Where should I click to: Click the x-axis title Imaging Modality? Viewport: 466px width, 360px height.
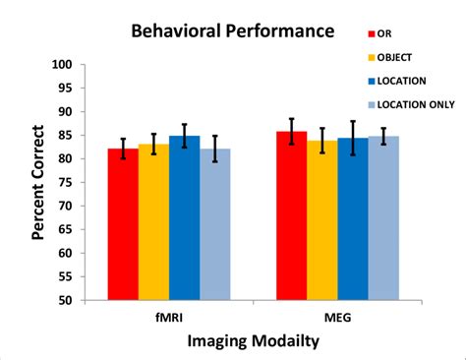coord(253,341)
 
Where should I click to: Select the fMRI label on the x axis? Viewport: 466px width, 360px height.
coord(168,318)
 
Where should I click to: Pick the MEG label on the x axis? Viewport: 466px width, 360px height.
coord(337,318)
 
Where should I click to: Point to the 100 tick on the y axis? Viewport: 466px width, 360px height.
coord(63,65)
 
